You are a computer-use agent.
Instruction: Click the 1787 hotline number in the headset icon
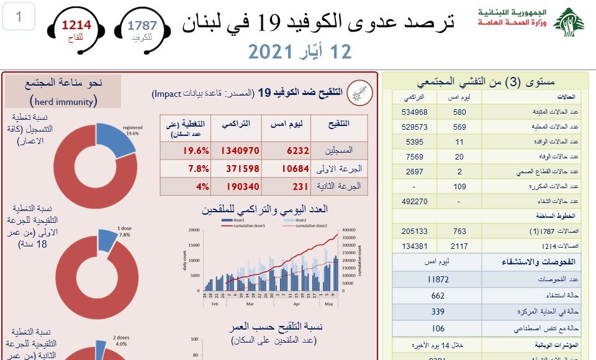coord(142,25)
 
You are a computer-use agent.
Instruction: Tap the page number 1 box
coord(19,17)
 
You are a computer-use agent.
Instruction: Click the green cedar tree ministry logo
coord(569,22)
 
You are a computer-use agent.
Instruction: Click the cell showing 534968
coord(415,112)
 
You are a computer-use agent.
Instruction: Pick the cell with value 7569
coord(415,157)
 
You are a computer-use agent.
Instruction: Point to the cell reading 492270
coord(415,201)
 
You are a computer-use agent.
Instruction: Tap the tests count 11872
coord(438,280)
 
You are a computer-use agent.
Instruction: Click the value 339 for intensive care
coord(438,312)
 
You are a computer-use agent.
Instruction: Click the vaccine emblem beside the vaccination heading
coord(356,92)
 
